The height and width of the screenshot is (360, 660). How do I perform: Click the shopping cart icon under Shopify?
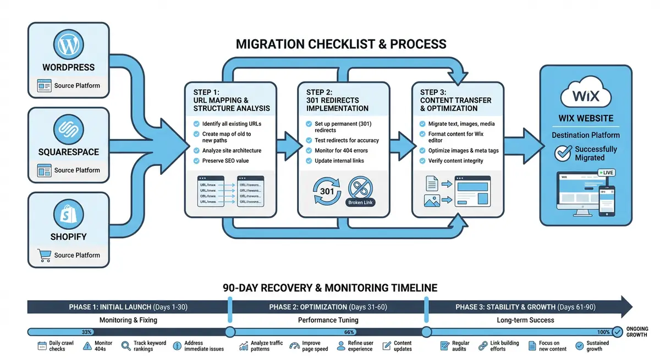pos(43,255)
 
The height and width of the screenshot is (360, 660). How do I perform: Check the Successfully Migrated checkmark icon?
pos(563,153)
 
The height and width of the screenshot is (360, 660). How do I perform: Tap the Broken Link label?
pos(361,202)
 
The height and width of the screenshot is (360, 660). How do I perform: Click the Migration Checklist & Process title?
pos(340,44)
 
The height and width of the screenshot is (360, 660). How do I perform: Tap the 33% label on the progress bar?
pos(86,333)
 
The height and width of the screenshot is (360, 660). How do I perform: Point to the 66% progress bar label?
pos(349,333)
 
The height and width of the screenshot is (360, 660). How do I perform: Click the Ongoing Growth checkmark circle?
pos(618,332)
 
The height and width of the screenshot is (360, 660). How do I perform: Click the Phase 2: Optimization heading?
pos(327,307)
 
